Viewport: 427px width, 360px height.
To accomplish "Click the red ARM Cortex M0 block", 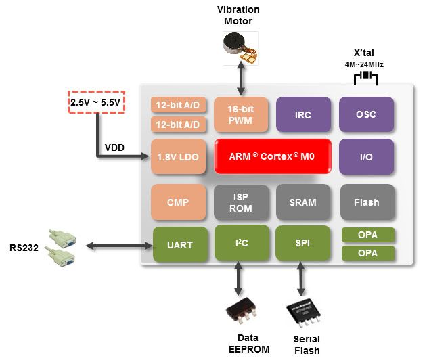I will coord(273,156).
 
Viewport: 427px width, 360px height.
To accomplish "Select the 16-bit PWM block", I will coord(242,114).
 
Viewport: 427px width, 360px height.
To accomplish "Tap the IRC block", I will coord(303,114).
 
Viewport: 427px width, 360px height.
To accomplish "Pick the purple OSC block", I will coord(365,114).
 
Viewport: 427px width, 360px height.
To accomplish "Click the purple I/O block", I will coord(365,156).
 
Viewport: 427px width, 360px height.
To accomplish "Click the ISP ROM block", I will coord(242,202).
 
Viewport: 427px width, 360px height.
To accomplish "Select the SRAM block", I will coord(303,202).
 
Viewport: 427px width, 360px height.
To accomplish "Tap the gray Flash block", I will coord(365,202).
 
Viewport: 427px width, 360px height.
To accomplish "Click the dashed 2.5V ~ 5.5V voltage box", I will coord(96,102).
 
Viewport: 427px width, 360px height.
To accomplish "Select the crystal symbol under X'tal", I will coord(366,76).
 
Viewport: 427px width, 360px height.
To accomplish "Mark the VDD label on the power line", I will coord(114,148).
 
